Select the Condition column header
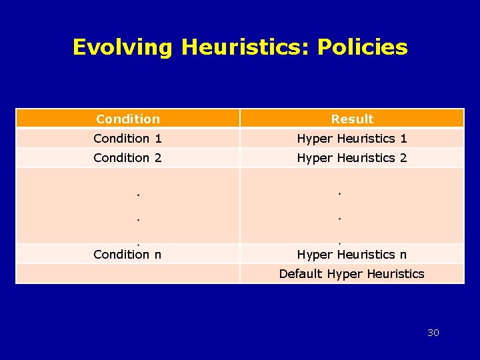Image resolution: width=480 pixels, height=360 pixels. (128, 119)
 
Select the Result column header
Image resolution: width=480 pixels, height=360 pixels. (352, 119)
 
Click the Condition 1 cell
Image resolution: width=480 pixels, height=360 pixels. (128, 138)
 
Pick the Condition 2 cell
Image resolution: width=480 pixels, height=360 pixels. (128, 157)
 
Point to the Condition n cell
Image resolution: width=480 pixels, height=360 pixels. (128, 254)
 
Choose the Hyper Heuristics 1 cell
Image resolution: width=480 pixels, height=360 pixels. (352, 138)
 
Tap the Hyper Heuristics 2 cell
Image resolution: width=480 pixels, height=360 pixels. (352, 157)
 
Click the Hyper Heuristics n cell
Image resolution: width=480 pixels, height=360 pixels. (352, 254)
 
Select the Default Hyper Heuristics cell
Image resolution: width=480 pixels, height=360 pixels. (352, 273)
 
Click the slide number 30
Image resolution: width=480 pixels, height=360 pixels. (433, 333)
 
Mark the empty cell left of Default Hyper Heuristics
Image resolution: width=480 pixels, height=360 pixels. (128, 273)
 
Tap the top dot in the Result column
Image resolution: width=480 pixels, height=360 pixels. (339, 194)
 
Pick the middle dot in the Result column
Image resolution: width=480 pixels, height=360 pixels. (339, 218)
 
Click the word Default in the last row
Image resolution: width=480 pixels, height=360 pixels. (301, 273)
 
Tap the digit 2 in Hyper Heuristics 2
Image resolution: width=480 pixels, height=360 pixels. (403, 157)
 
